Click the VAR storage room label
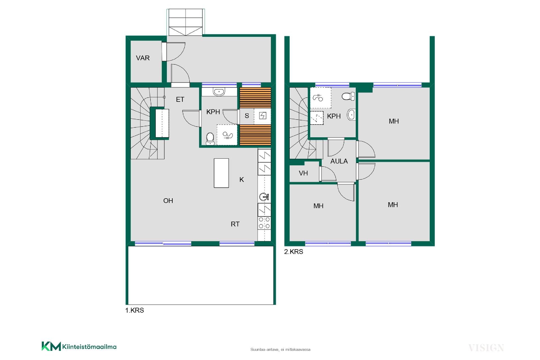pyautogui.click(x=143, y=58)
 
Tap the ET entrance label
pyautogui.click(x=180, y=99)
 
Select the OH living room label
pyautogui.click(x=168, y=201)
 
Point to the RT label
pyautogui.click(x=235, y=224)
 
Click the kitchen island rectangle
pyautogui.click(x=221, y=173)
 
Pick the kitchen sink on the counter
pyautogui.click(x=264, y=197)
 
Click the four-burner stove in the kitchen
pyautogui.click(x=264, y=223)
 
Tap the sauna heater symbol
pyautogui.click(x=262, y=116)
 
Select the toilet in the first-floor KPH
pyautogui.click(x=210, y=139)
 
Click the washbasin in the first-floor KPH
pyautogui.click(x=219, y=92)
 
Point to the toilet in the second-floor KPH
pyautogui.click(x=348, y=96)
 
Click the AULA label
pyautogui.click(x=339, y=161)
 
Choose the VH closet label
pyautogui.click(x=303, y=173)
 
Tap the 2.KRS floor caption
pyautogui.click(x=294, y=252)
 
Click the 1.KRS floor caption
pyautogui.click(x=134, y=310)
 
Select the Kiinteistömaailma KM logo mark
pyautogui.click(x=51, y=346)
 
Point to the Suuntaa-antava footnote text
pyautogui.click(x=280, y=350)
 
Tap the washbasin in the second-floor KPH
pyautogui.click(x=351, y=115)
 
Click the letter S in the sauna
pyautogui.click(x=247, y=116)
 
